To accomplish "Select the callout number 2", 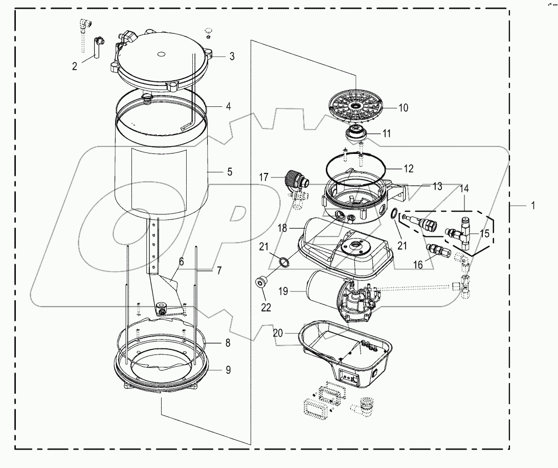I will click(75, 66).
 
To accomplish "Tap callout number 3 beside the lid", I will click(232, 56).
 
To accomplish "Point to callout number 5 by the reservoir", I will click(230, 172).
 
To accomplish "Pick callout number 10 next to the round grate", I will click(404, 108).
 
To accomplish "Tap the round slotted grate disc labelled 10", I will click(354, 106).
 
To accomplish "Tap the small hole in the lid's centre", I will click(160, 53).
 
